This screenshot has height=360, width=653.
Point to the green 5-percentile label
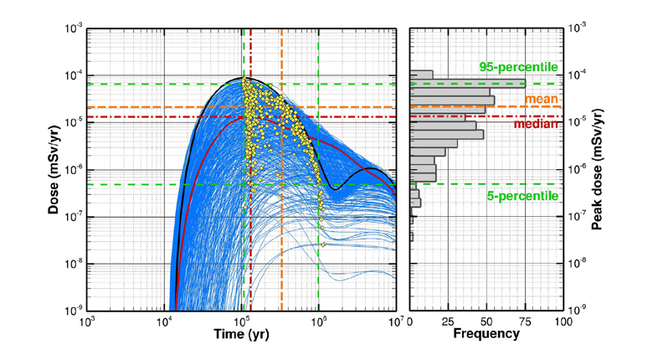point(520,194)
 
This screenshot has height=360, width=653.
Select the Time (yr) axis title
point(239,333)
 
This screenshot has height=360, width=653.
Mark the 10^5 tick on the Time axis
point(242,320)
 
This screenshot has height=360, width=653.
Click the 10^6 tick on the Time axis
point(319,320)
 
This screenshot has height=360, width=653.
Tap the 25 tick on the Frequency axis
point(448,320)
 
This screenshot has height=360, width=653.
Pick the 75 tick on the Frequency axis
point(525,320)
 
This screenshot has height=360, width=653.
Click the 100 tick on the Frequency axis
point(563,320)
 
